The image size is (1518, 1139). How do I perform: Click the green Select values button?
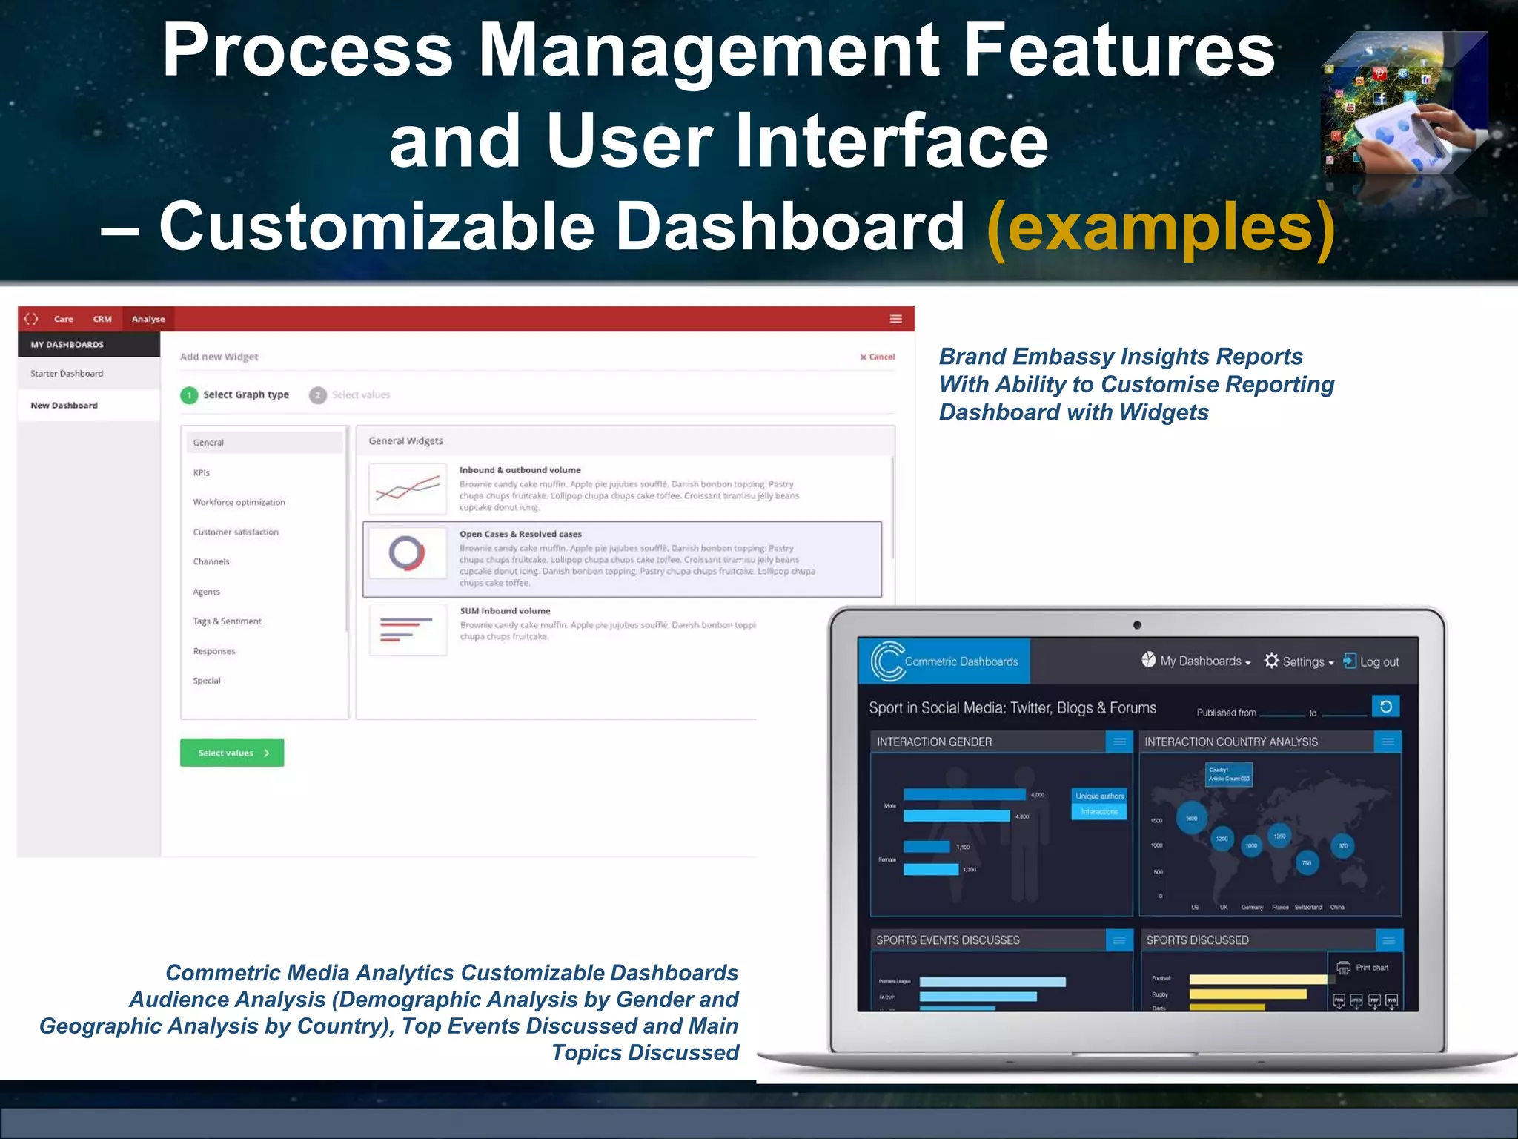point(231,753)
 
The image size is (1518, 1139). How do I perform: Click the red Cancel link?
point(878,357)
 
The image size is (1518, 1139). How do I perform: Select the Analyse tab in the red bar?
point(148,319)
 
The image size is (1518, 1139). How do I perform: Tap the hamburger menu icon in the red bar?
point(895,319)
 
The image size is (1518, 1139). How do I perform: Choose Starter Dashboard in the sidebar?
point(67,373)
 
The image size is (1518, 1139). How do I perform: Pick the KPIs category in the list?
point(202,472)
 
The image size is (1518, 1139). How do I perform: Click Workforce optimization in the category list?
point(239,502)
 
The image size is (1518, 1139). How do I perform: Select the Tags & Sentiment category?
point(227,621)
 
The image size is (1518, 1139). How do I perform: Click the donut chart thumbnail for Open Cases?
point(407,553)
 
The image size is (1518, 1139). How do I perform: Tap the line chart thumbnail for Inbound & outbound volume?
point(407,489)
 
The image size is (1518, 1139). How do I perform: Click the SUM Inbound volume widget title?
point(505,611)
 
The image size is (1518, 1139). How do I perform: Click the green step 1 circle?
point(189,395)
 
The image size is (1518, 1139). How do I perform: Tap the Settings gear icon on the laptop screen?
point(1272,660)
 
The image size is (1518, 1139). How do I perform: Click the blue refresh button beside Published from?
point(1385,706)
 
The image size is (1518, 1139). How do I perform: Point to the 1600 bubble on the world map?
point(1192,818)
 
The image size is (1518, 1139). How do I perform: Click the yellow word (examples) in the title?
point(1160,227)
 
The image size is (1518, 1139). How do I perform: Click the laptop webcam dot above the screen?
point(1137,625)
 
